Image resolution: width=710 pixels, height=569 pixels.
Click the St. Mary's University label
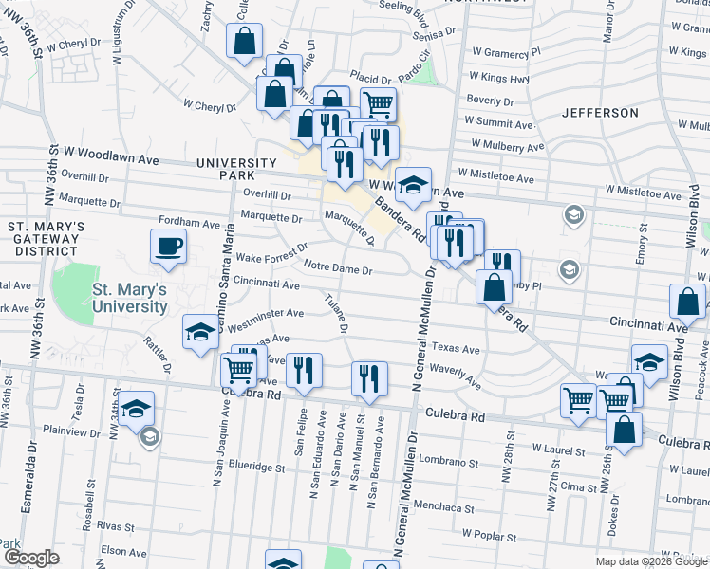point(130,298)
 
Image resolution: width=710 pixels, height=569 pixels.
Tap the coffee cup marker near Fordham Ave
point(169,247)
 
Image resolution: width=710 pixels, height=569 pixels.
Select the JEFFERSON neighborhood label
point(600,113)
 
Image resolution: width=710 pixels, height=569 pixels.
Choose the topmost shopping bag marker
point(244,41)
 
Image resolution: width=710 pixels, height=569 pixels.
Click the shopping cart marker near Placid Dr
point(378,103)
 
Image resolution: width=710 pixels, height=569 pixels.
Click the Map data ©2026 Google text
point(651,560)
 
